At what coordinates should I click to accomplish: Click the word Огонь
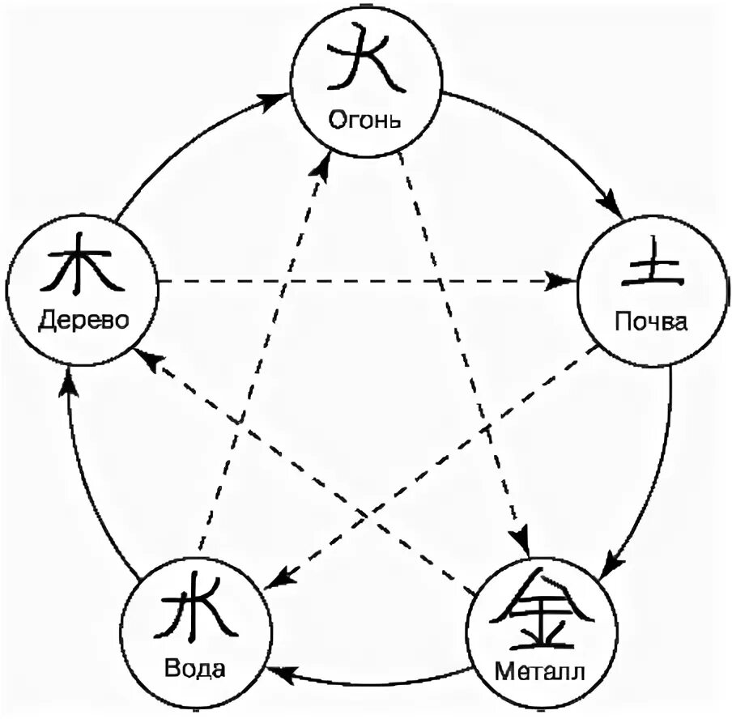[365, 121]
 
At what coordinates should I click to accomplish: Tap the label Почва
[651, 322]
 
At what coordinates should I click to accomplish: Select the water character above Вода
[197, 613]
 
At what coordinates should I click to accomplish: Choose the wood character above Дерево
[83, 264]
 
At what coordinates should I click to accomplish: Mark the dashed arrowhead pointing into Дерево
[147, 357]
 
